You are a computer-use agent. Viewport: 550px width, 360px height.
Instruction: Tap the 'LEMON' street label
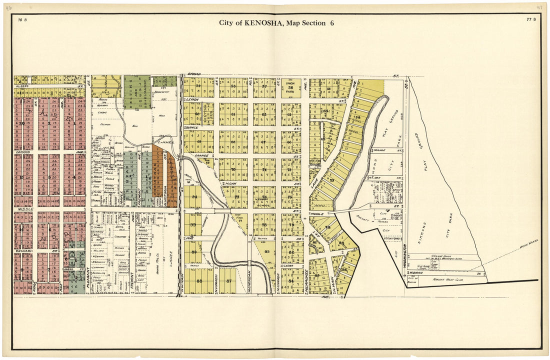click(193, 99)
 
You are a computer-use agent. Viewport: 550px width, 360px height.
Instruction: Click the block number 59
click(198, 86)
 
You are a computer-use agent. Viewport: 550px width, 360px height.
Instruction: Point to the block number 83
click(266, 251)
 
